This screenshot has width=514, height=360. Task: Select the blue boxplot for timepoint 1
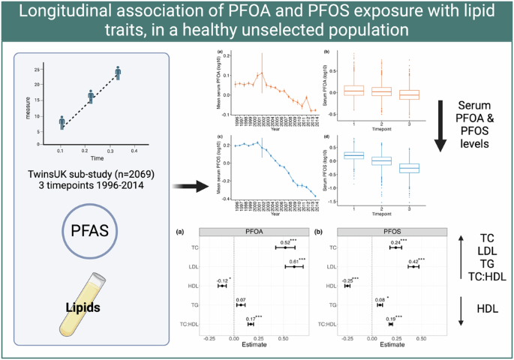(332, 155)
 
